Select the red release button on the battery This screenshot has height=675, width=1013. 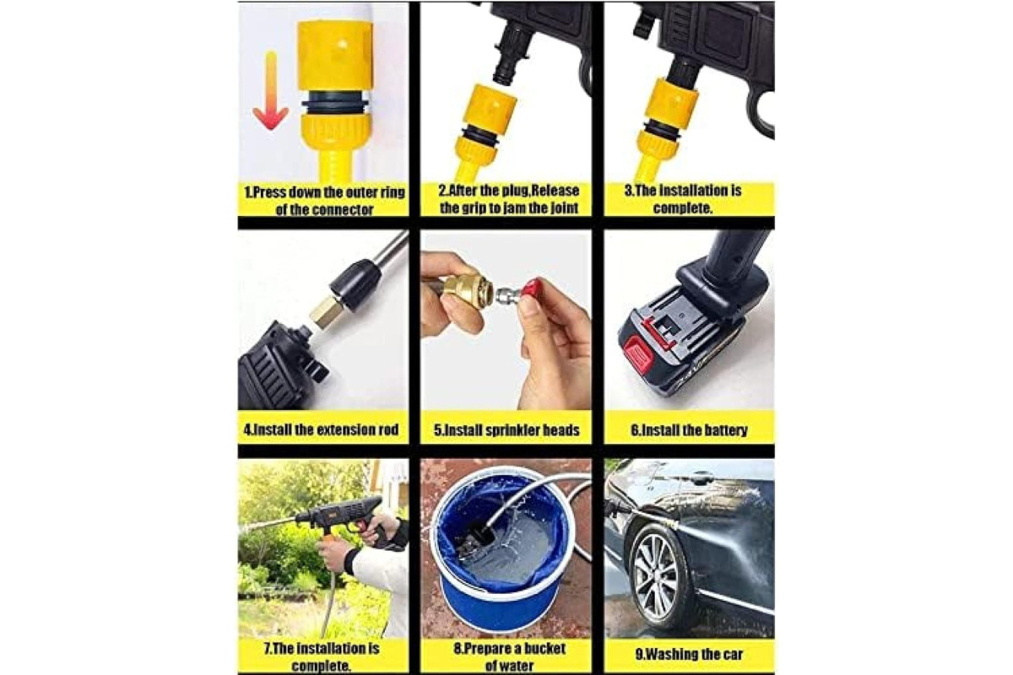[x=637, y=354]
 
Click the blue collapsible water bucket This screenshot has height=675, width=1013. [x=501, y=552]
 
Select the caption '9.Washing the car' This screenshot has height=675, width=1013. [x=689, y=654]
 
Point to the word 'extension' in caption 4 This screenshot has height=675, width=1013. [x=345, y=429]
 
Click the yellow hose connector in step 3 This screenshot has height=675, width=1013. [x=666, y=127]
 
